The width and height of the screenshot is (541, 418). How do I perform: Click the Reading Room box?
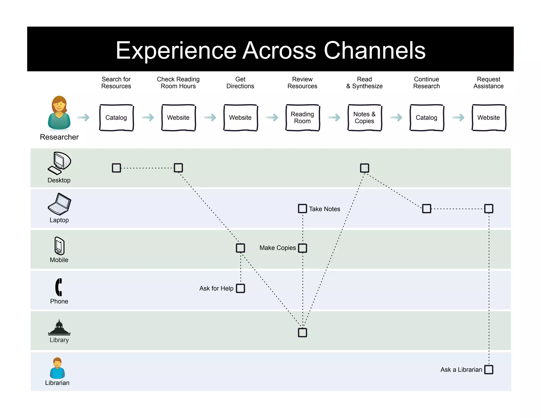click(302, 118)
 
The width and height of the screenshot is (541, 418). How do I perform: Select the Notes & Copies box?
click(365, 118)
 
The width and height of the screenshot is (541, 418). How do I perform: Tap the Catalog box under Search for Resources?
click(116, 118)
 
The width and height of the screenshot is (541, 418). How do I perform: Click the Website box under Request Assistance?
click(489, 118)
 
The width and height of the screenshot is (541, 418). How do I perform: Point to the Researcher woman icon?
click(59, 113)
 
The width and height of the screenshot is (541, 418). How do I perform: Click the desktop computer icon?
click(59, 163)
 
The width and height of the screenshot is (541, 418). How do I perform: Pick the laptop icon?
click(59, 204)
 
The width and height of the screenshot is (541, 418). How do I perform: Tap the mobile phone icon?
click(59, 245)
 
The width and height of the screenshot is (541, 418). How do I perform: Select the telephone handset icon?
click(59, 287)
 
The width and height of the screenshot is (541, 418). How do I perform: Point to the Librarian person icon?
click(57, 368)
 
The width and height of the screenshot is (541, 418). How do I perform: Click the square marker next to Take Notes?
click(302, 208)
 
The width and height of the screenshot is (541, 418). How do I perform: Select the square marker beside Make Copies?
click(302, 248)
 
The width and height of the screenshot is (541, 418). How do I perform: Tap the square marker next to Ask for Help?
click(240, 288)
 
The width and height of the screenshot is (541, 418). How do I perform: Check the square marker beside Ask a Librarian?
click(489, 369)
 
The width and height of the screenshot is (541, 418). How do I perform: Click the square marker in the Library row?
click(302, 332)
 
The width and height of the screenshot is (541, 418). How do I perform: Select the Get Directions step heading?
click(240, 83)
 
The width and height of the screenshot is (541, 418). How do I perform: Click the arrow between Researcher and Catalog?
click(83, 117)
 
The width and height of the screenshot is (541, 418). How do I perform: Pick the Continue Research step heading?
click(426, 83)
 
